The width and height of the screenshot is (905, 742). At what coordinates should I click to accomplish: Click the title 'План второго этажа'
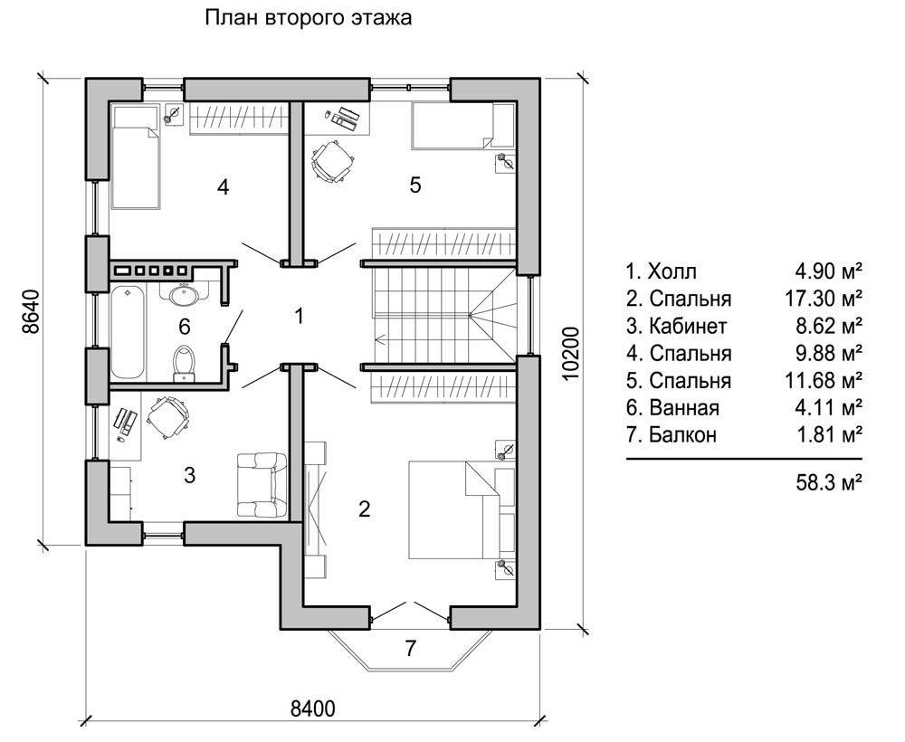point(309,18)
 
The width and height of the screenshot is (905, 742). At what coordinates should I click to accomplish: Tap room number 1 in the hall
point(299,316)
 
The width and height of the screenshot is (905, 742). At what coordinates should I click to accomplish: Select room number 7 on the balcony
point(410,649)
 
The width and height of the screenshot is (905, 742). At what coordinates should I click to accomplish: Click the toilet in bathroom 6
point(184,364)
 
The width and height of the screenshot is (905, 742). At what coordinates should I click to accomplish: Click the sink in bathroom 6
point(184,295)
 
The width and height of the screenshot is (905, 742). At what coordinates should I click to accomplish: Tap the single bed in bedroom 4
point(136,157)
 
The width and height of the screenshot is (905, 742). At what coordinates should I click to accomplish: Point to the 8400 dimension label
point(312,709)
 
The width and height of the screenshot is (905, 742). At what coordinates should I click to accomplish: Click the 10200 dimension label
point(569,353)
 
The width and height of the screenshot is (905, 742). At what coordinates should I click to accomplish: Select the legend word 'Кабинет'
point(688,326)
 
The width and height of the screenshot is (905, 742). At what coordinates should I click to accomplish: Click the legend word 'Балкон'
point(682,434)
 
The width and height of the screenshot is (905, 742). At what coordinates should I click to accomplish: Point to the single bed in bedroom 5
point(462,127)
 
